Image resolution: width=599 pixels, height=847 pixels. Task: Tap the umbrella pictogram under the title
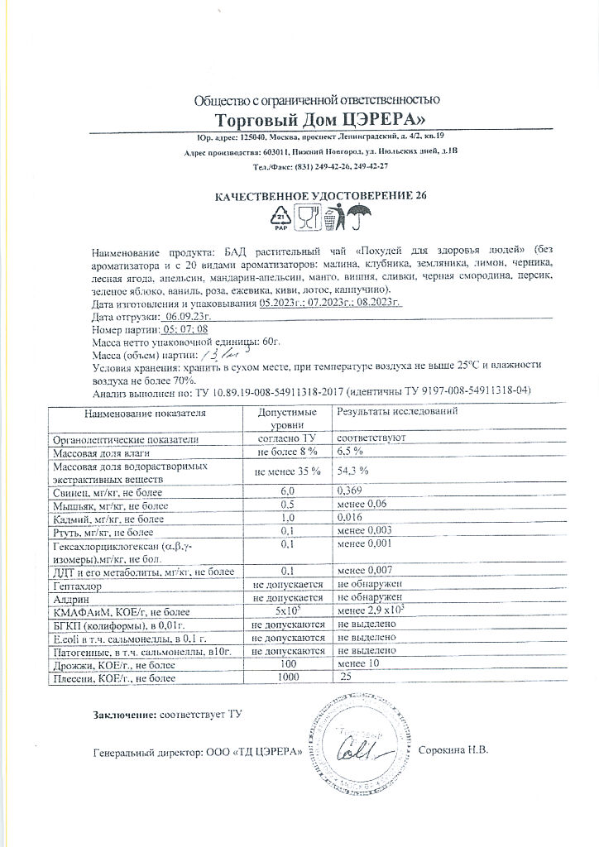360,219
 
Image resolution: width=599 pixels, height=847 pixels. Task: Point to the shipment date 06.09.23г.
184,317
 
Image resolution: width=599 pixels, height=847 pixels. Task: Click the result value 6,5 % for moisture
351,451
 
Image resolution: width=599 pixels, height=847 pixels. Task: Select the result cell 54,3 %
352,470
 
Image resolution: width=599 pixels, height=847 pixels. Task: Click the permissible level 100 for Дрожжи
287,664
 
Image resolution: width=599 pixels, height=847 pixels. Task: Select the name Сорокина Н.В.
454,750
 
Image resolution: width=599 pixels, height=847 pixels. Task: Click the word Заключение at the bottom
122,713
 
